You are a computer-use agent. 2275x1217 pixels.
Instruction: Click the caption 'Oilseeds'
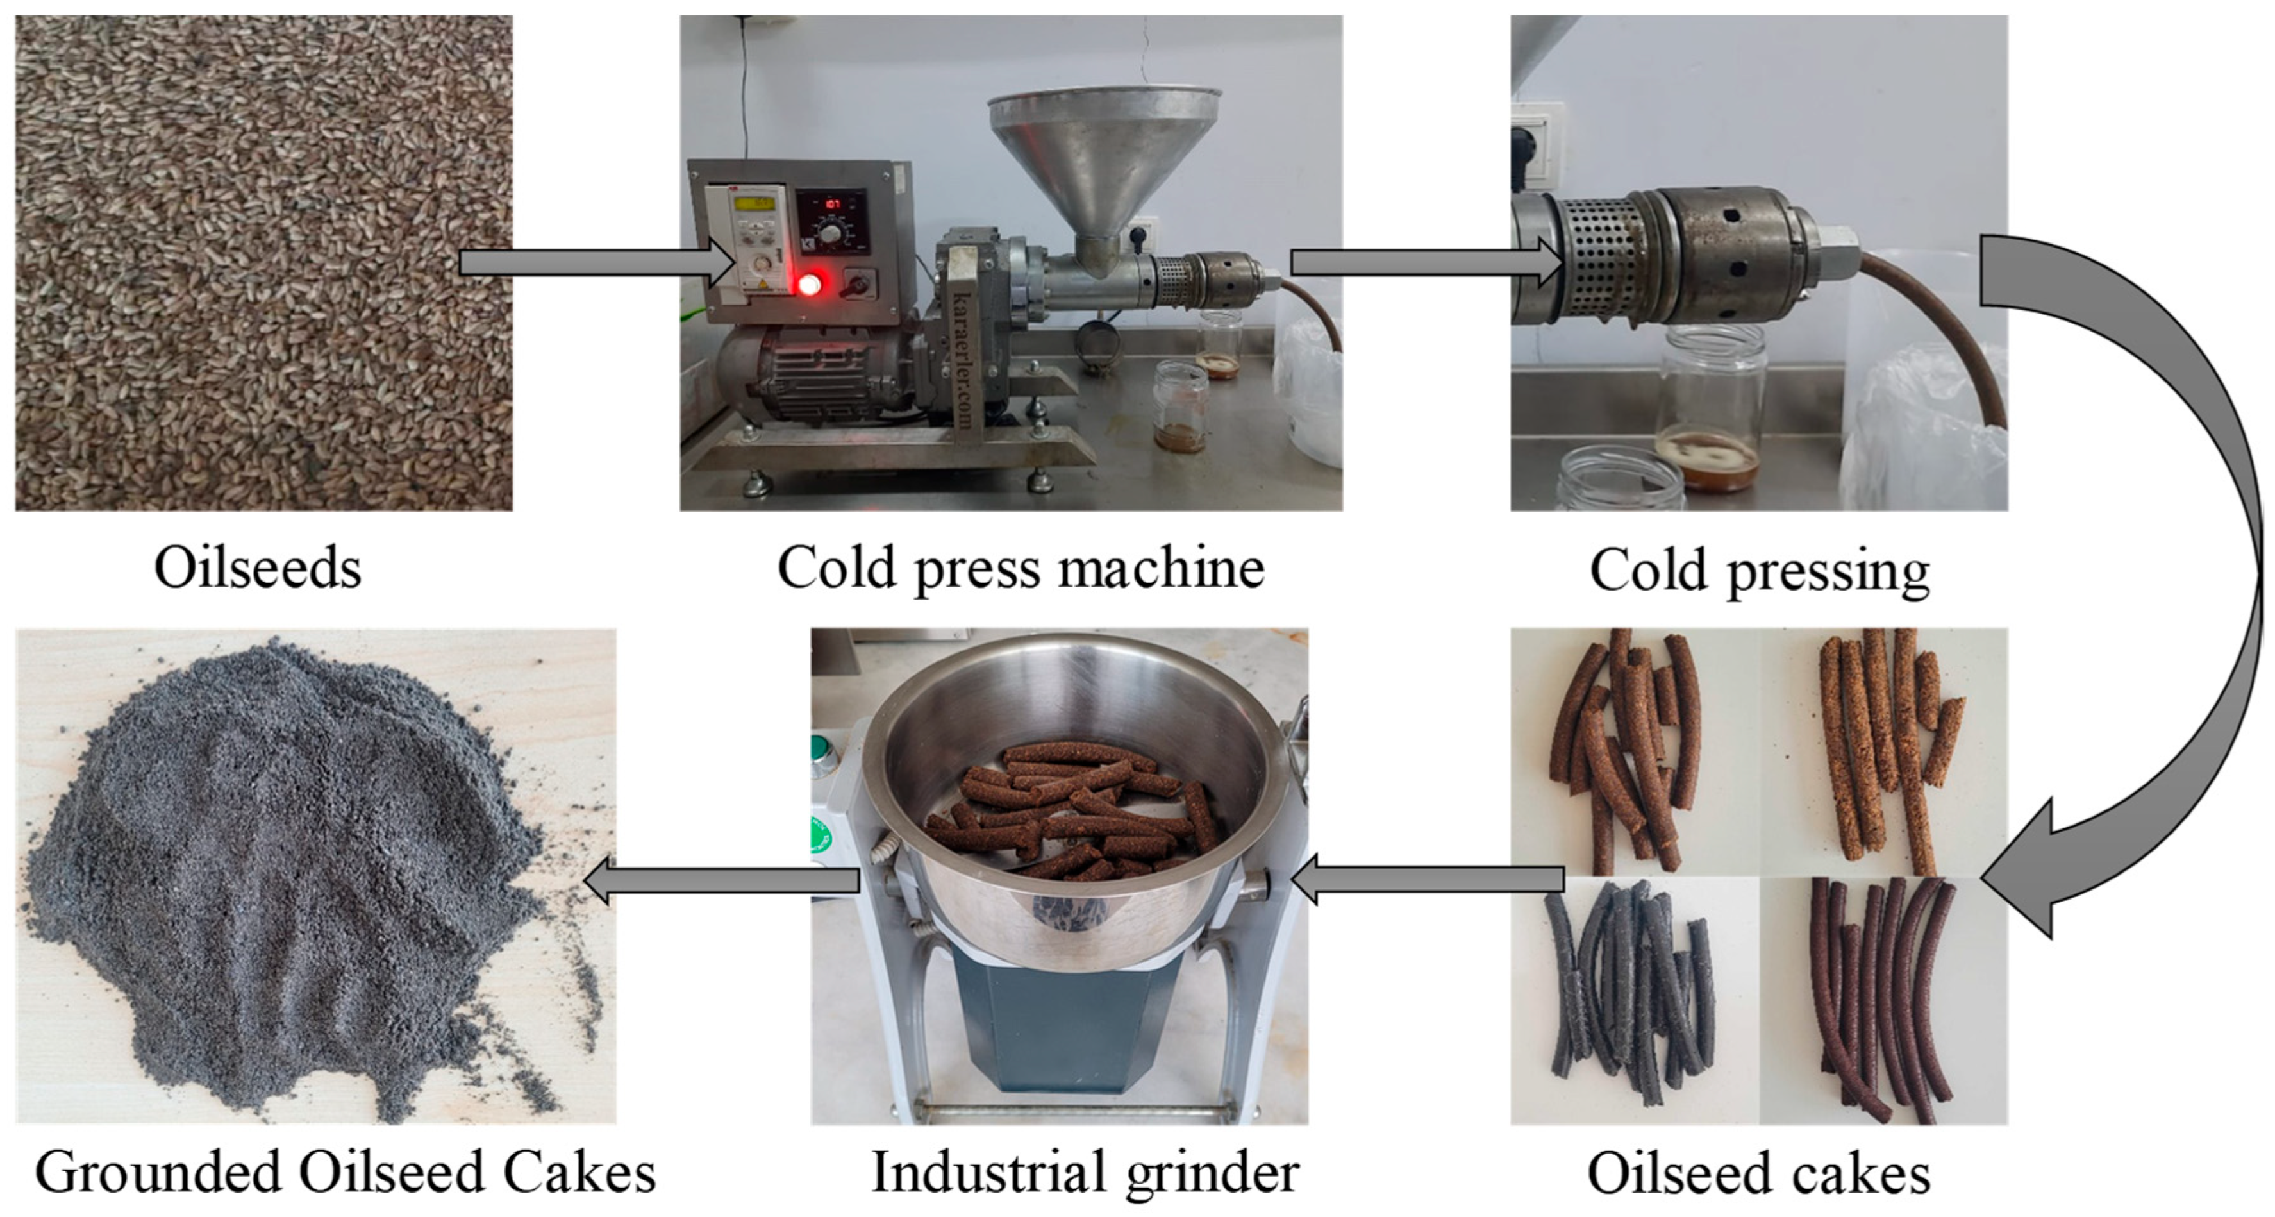click(x=257, y=568)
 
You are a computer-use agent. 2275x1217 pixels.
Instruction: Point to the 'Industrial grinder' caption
click(x=1085, y=1173)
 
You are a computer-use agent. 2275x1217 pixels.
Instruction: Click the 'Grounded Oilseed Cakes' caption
click(x=346, y=1173)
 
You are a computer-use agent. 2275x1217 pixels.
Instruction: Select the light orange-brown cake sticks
click(x=1881, y=742)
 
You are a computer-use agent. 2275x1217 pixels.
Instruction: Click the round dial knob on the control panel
click(x=830, y=234)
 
